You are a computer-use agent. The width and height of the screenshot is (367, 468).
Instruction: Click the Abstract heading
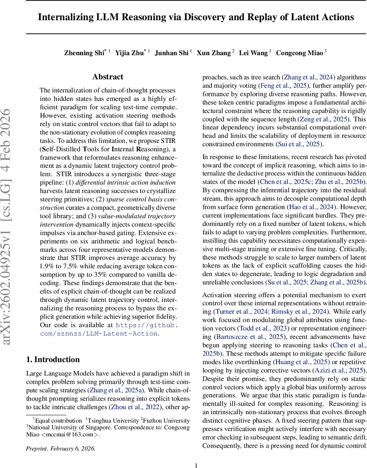108,77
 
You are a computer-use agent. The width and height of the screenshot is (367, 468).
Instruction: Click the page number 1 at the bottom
196,462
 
